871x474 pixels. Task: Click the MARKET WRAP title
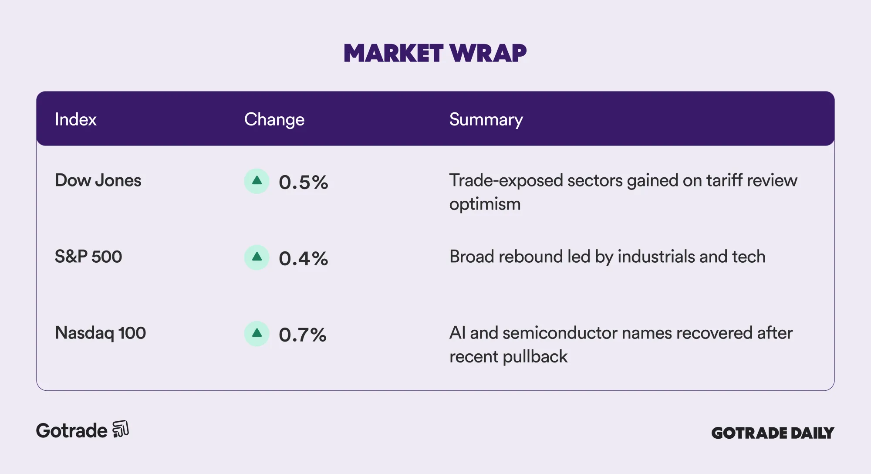click(435, 53)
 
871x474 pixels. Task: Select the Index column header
click(75, 119)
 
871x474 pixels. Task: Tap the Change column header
click(274, 120)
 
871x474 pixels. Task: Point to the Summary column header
click(486, 120)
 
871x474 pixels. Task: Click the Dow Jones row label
click(98, 180)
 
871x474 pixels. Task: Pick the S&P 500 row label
click(88, 257)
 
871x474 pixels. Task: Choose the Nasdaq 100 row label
click(100, 333)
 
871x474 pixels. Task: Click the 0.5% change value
click(304, 183)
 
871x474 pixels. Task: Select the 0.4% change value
click(304, 259)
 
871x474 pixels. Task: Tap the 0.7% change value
click(303, 335)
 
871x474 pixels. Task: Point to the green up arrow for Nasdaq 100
click(257, 334)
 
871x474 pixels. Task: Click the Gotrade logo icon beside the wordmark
click(121, 429)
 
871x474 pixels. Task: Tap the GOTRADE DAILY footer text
click(773, 433)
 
